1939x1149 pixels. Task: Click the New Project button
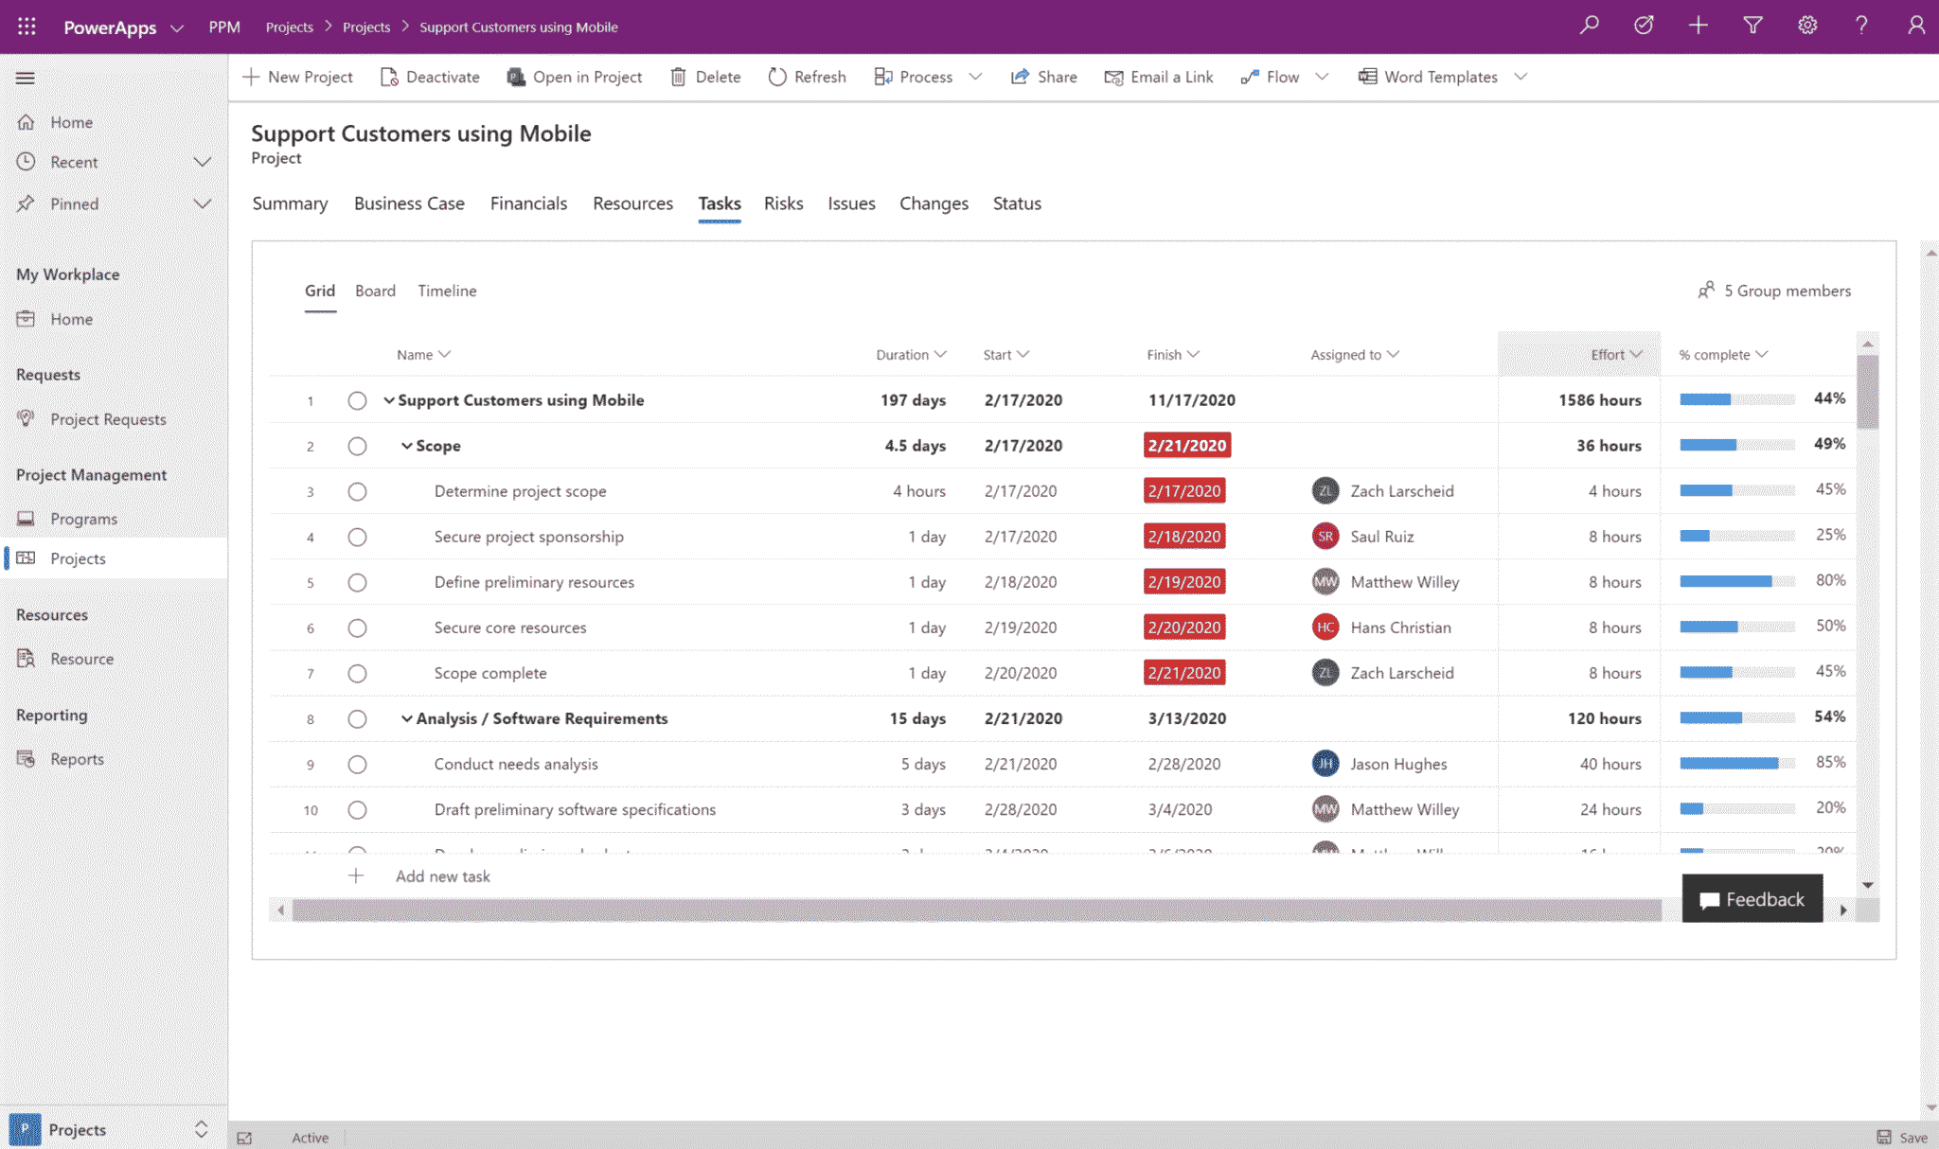[x=298, y=77]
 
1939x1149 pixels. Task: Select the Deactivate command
[x=431, y=77]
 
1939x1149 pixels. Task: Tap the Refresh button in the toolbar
[x=808, y=77]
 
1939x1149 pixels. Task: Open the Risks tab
[x=783, y=203]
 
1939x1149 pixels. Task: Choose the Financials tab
[x=528, y=203]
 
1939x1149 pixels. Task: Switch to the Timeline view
[x=447, y=291]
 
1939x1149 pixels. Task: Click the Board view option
[x=375, y=291]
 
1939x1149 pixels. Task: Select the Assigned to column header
[x=1345, y=355]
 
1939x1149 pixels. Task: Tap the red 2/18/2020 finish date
[x=1184, y=537]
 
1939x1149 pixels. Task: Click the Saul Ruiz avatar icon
[x=1325, y=537]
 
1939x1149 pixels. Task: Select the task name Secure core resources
[x=510, y=628]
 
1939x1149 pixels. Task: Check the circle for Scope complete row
[x=357, y=673]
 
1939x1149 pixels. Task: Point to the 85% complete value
[x=1830, y=762]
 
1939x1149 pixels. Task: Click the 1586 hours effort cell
[x=1600, y=400]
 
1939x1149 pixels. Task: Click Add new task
[x=442, y=876]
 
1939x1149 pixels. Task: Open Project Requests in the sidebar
[x=108, y=419]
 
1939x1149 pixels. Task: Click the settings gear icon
[x=1807, y=26]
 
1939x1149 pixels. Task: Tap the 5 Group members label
[x=1787, y=291]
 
